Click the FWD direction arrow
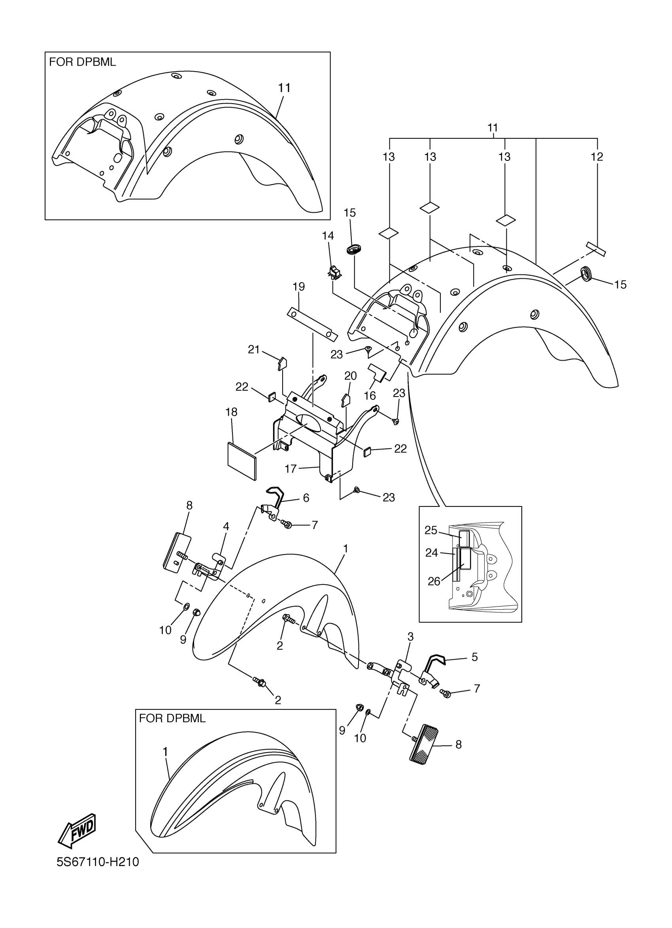(77, 830)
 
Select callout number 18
(232, 412)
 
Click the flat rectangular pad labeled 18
(241, 459)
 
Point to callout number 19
(298, 286)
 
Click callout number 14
(328, 236)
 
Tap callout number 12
(597, 157)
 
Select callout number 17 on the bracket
(291, 469)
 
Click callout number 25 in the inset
(431, 530)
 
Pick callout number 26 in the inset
(434, 581)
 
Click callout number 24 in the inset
(432, 553)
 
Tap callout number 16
(370, 395)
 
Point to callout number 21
(254, 350)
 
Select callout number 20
(351, 376)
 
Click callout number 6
(306, 497)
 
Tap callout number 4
(226, 527)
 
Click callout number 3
(410, 637)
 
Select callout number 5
(474, 657)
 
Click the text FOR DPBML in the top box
(83, 62)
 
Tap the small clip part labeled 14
(334, 272)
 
